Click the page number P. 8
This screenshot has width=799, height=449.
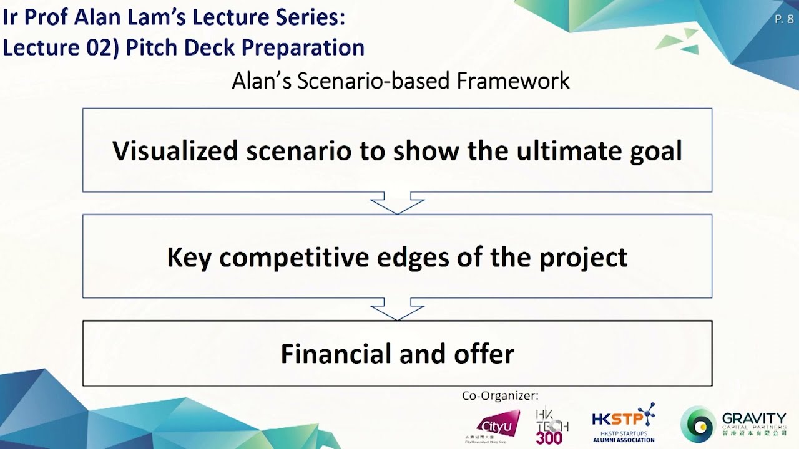pyautogui.click(x=783, y=19)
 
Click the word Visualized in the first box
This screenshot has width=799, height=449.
pyautogui.click(x=175, y=151)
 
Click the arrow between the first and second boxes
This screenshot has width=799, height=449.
pyautogui.click(x=397, y=204)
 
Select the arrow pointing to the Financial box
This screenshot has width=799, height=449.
pyautogui.click(x=397, y=310)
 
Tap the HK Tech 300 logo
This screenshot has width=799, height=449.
pyautogui.click(x=551, y=427)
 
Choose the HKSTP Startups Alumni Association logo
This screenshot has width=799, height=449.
pyautogui.click(x=624, y=423)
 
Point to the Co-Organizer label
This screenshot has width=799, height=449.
pyautogui.click(x=500, y=396)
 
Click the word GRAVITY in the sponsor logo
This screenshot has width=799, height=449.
pyautogui.click(x=753, y=418)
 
